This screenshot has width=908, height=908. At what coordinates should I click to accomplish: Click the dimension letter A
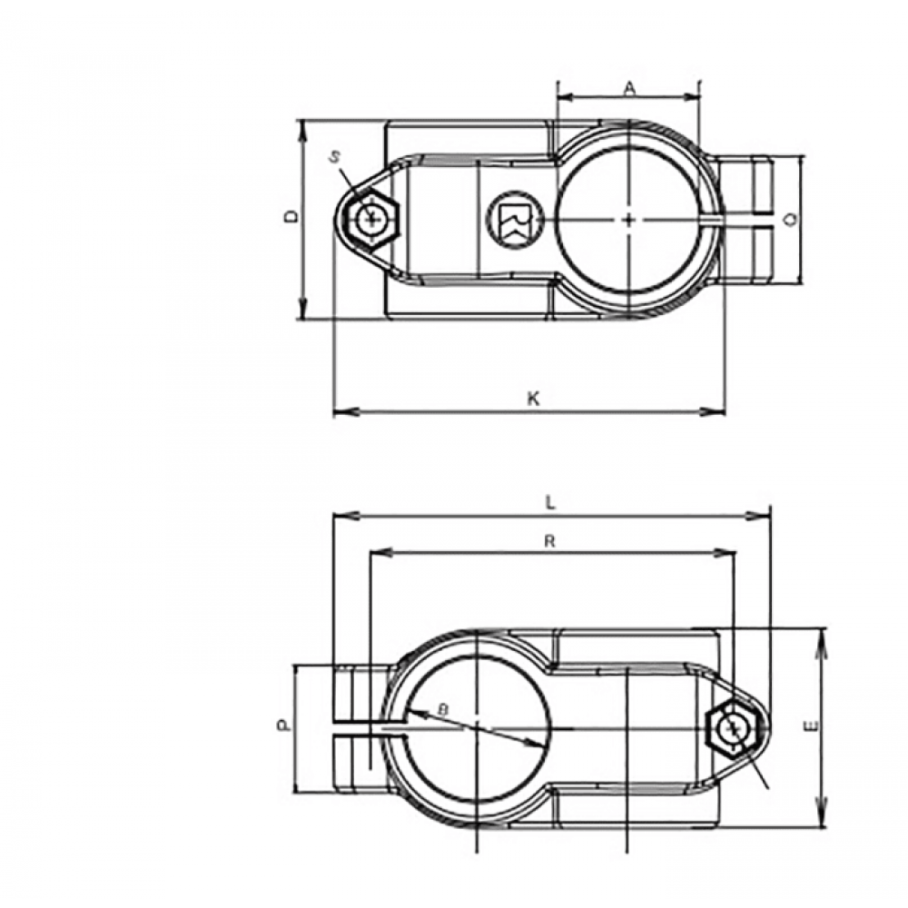tap(630, 88)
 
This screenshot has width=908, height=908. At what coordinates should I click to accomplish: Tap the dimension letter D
tap(292, 217)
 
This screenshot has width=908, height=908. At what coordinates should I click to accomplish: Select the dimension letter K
tap(534, 399)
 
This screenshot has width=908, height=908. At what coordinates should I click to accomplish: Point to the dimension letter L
tap(551, 503)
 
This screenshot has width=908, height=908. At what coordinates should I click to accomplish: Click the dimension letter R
tap(549, 541)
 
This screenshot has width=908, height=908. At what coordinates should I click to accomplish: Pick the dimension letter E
tap(812, 725)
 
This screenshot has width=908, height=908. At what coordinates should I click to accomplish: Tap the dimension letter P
tap(282, 725)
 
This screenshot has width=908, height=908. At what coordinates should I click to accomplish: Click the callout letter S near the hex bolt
tap(335, 156)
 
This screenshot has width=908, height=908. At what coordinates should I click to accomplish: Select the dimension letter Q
tap(793, 218)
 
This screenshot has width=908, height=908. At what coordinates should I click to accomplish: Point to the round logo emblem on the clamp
tap(514, 218)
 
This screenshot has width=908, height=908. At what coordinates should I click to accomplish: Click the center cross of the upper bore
tap(629, 220)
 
